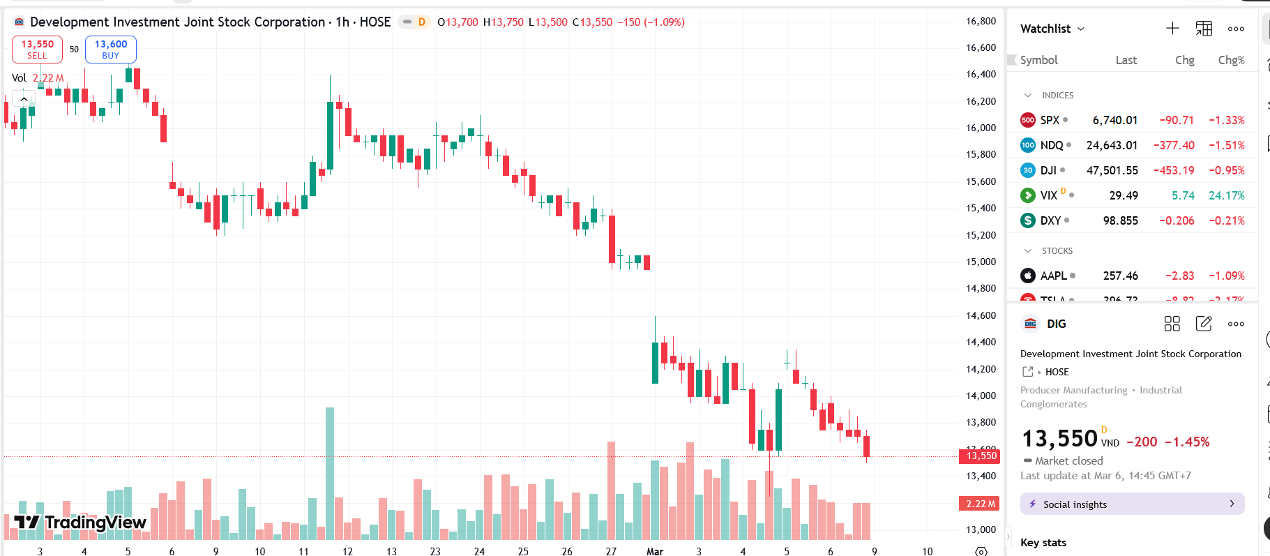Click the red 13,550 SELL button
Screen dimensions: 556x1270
click(37, 50)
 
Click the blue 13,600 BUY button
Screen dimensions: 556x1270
click(111, 50)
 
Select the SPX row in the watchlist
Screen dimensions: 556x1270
click(1050, 120)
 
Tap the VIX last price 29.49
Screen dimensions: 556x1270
click(1123, 195)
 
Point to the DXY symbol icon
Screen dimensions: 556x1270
click(1028, 220)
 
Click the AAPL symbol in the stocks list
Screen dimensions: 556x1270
click(1053, 276)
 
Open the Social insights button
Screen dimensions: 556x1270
click(1132, 504)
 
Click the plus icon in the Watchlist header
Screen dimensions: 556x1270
click(1172, 29)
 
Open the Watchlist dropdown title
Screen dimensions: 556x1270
click(1052, 29)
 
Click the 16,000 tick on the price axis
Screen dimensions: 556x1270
click(981, 128)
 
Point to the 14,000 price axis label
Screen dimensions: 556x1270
click(981, 396)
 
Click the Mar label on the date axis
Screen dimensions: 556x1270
click(655, 551)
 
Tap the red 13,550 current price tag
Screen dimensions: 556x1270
click(981, 456)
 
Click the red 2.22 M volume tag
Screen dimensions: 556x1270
click(980, 504)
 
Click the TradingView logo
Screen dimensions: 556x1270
click(80, 523)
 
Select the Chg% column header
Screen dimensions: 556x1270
click(1231, 60)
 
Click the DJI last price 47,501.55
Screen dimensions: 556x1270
click(1112, 170)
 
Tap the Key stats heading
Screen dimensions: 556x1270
click(1043, 542)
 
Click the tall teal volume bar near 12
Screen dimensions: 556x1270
click(330, 474)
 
